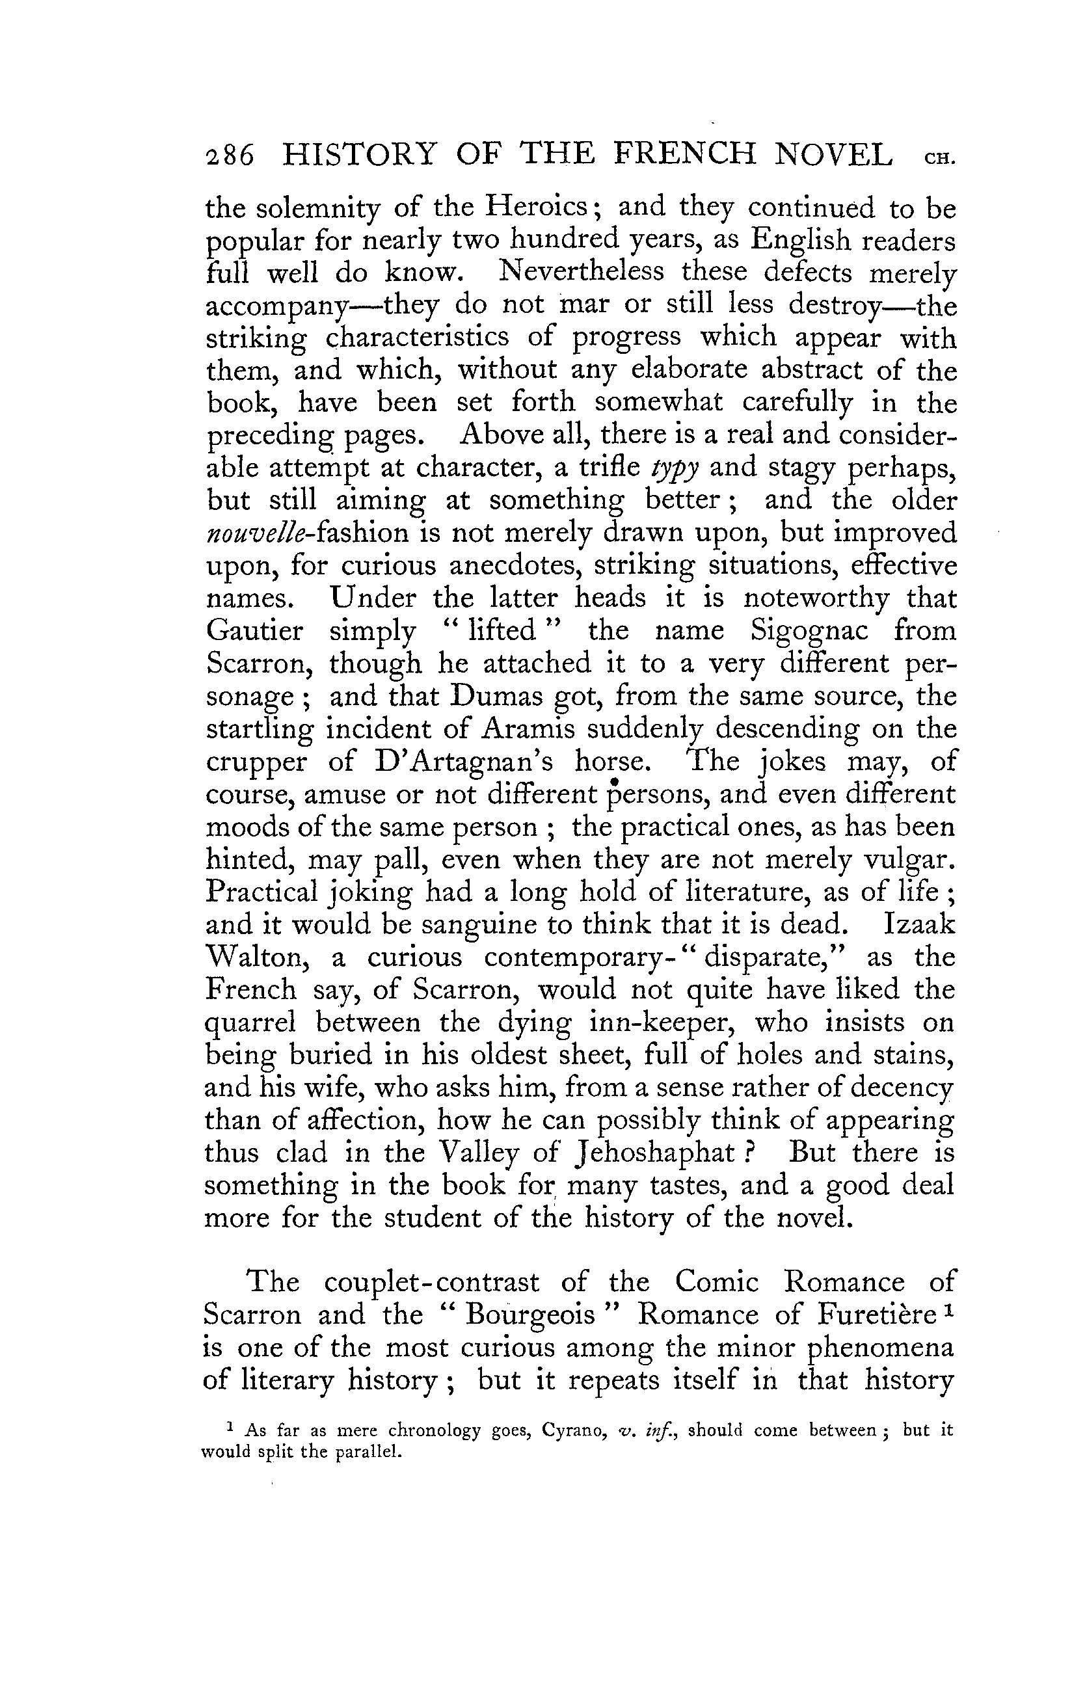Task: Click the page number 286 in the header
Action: point(228,155)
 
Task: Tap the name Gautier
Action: point(255,631)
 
